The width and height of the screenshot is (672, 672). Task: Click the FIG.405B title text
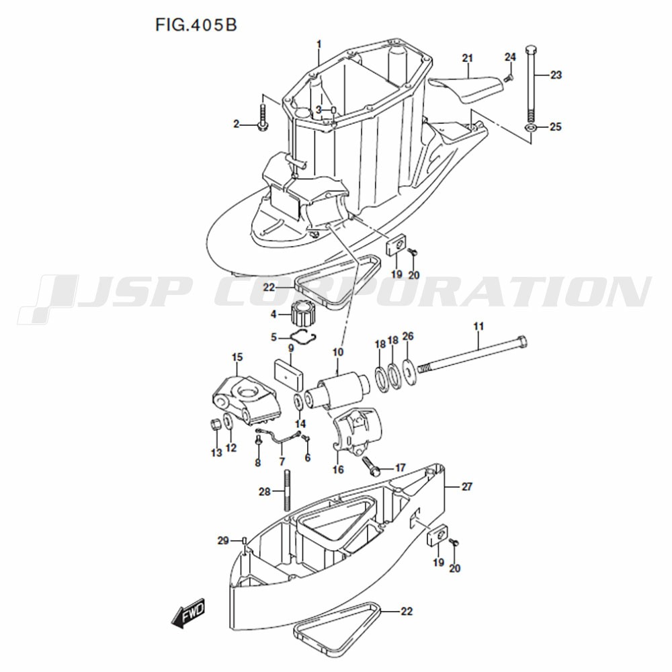pos(196,26)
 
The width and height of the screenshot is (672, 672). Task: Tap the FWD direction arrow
pos(188,613)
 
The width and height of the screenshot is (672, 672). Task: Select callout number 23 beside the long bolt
pos(556,75)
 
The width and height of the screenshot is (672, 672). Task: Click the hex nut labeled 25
pos(532,127)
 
